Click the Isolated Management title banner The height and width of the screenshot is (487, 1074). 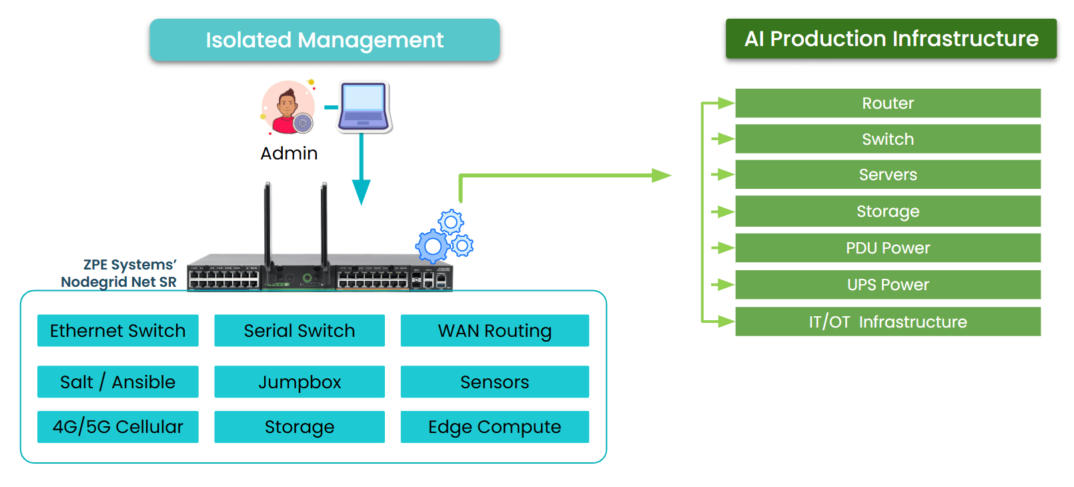coord(324,40)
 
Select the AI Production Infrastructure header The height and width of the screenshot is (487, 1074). coord(891,39)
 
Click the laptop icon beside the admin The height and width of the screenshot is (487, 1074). coord(364,107)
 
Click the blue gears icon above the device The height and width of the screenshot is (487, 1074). coord(444,238)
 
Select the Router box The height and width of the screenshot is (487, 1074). coord(887,103)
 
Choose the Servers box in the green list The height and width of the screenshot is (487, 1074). coord(887,175)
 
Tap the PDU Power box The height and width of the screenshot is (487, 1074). coord(887,248)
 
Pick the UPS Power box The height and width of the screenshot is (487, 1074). coord(887,285)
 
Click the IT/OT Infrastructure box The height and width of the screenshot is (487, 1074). coord(887,322)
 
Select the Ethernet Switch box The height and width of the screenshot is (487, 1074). coord(118,331)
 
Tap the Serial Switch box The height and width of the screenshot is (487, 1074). coord(300,331)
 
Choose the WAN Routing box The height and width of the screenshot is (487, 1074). coord(494,331)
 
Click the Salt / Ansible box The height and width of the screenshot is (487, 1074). coord(118,382)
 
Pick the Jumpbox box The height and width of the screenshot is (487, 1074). coord(300,382)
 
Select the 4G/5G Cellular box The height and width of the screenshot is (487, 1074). coord(118,427)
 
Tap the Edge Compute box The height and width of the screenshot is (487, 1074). coord(494,427)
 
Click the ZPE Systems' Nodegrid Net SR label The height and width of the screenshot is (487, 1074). coord(120,274)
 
